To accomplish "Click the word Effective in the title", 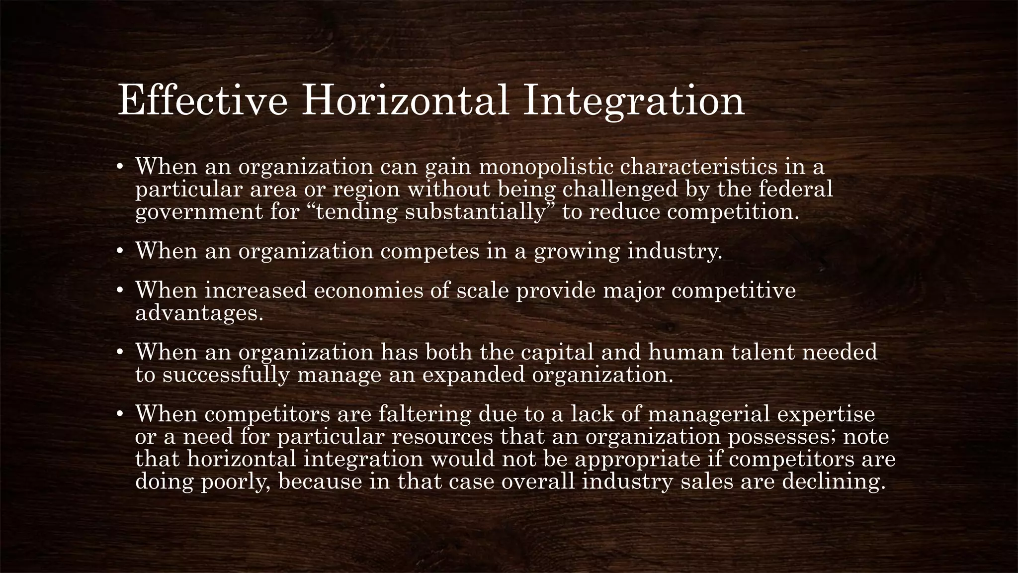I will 202,101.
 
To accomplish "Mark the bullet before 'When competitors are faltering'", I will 119,414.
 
